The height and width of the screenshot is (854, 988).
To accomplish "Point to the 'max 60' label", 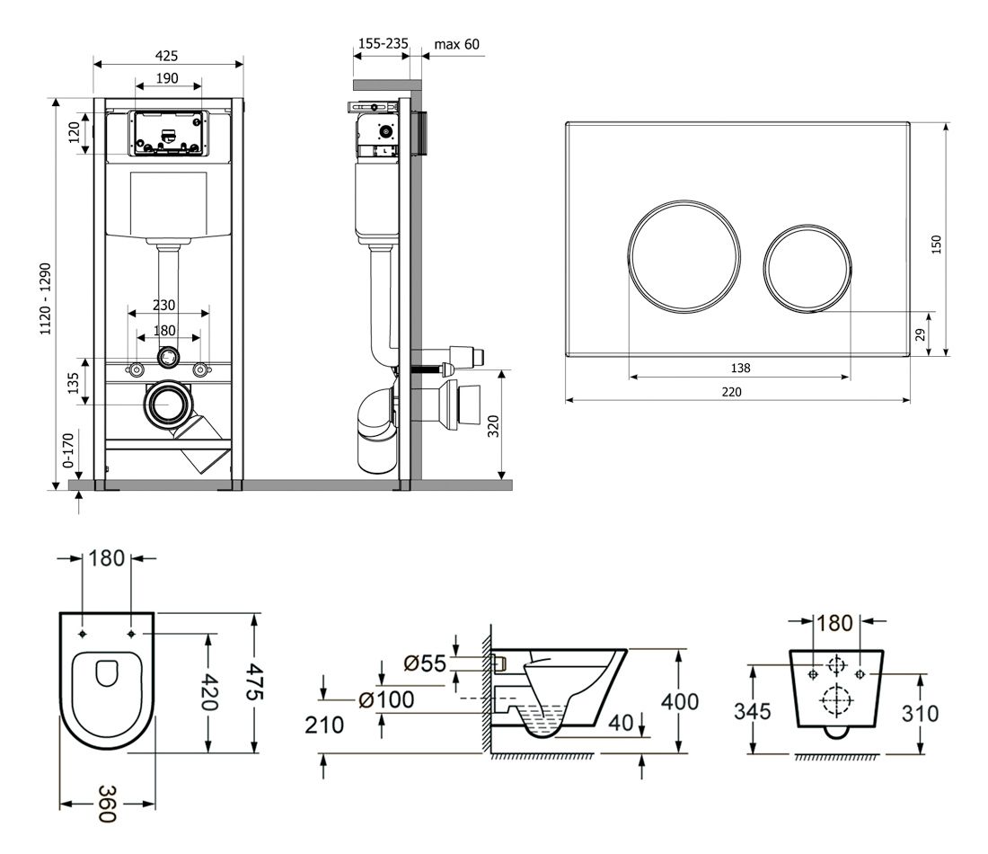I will [x=456, y=43].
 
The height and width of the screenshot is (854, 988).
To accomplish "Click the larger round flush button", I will [x=684, y=252].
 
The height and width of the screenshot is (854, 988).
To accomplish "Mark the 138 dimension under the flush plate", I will [x=741, y=368].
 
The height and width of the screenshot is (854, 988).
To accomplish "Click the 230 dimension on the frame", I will [x=163, y=305].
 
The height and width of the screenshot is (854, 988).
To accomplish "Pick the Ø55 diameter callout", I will [x=425, y=663].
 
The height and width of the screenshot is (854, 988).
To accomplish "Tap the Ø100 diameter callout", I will [x=385, y=699].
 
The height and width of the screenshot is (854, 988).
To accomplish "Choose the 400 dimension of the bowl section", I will [x=681, y=700].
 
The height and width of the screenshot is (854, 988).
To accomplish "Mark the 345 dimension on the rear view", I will [x=753, y=712].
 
